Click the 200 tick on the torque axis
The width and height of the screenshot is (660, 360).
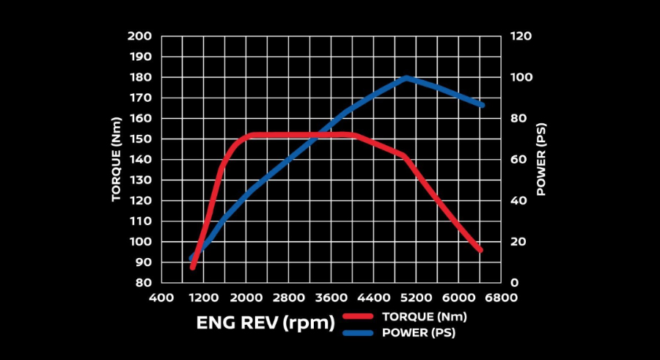[x=139, y=36]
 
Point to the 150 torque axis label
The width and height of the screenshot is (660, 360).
[x=139, y=139]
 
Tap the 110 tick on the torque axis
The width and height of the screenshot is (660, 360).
[x=139, y=221]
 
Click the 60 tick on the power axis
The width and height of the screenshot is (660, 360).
[x=519, y=159]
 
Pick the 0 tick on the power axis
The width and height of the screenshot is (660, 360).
[x=516, y=282]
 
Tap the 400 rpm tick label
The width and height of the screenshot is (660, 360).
[x=161, y=298]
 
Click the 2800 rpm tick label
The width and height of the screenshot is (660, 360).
[x=288, y=298]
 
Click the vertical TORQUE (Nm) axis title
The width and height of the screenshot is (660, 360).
[x=116, y=159]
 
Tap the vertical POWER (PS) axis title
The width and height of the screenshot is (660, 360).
[x=541, y=159]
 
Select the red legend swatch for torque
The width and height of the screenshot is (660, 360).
[x=359, y=317]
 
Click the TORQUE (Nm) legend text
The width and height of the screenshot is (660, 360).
[x=424, y=317]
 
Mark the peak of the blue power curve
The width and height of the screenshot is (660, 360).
[x=407, y=78]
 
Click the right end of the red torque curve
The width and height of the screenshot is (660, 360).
[x=480, y=250]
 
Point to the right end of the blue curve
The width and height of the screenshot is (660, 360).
[x=482, y=105]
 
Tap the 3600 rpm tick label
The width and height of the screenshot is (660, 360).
[x=331, y=298]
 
